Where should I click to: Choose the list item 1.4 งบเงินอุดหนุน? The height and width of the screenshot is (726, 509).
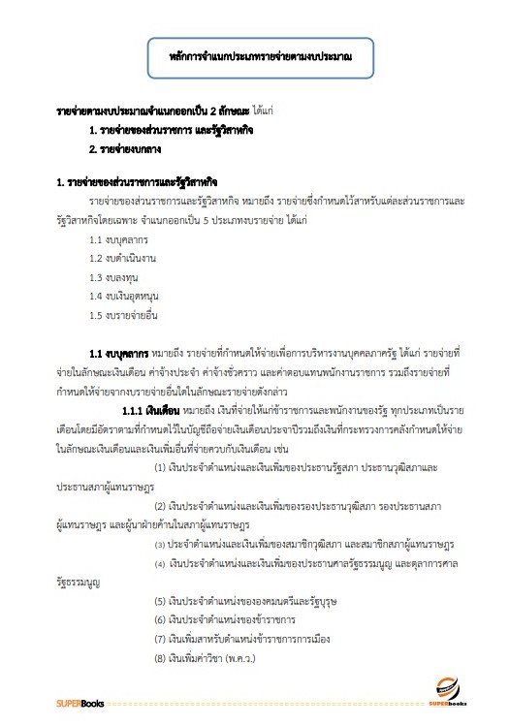coord(122,294)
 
